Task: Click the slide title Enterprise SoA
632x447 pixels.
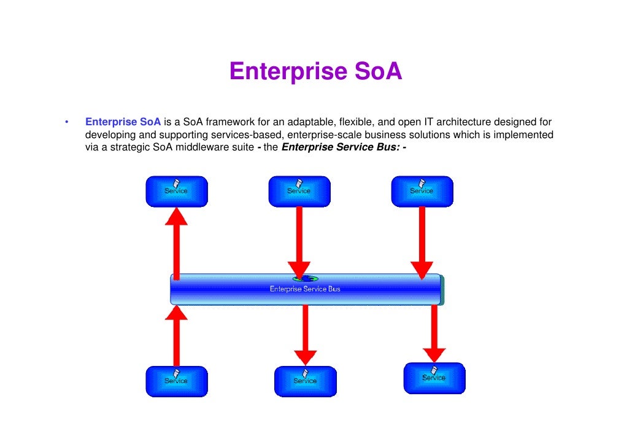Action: (315, 72)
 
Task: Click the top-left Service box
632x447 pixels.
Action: (176, 191)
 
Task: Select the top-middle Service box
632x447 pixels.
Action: (299, 191)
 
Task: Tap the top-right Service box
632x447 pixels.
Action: (422, 191)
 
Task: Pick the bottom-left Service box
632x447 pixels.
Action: (176, 381)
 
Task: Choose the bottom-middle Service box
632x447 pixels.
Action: (305, 381)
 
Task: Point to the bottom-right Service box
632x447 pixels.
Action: (434, 378)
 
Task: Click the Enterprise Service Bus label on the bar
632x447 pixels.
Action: (305, 289)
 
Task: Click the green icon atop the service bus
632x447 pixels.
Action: (305, 278)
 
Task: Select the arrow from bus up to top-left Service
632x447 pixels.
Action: (177, 243)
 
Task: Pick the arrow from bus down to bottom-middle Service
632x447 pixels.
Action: (305, 335)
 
